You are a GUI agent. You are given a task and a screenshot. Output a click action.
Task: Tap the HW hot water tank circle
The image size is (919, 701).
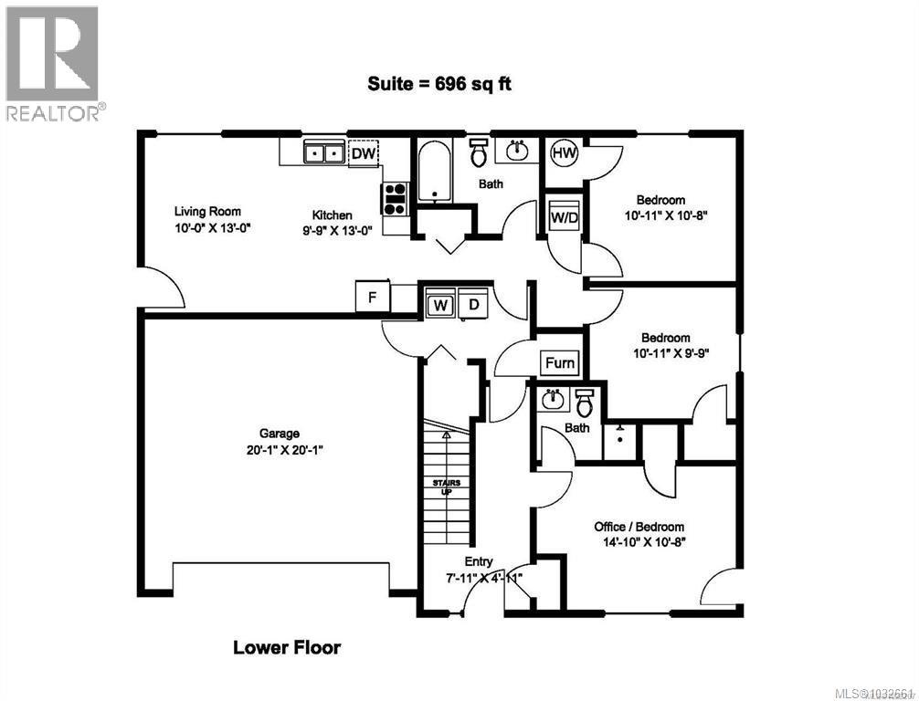pyautogui.click(x=565, y=153)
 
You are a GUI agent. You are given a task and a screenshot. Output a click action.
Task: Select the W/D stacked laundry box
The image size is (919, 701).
pyautogui.click(x=564, y=216)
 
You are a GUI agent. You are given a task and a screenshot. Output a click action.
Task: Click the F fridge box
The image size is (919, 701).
pyautogui.click(x=373, y=298)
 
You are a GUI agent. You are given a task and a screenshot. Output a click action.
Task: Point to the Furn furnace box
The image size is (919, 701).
pyautogui.click(x=560, y=362)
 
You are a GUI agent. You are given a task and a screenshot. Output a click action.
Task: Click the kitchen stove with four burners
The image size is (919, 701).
pyautogui.click(x=395, y=198)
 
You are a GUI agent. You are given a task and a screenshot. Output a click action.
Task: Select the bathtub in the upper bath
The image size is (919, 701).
pyautogui.click(x=434, y=173)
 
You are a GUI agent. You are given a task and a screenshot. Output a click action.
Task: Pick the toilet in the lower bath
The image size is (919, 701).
pyautogui.click(x=585, y=402)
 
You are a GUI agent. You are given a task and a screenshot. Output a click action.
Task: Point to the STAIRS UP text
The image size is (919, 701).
pyautogui.click(x=447, y=486)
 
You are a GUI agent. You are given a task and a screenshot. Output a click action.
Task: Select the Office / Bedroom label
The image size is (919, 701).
pyautogui.click(x=639, y=527)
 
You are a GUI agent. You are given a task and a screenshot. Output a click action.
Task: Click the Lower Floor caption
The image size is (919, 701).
pyautogui.click(x=287, y=648)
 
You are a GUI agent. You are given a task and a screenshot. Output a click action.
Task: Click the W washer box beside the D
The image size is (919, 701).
pyautogui.click(x=440, y=305)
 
